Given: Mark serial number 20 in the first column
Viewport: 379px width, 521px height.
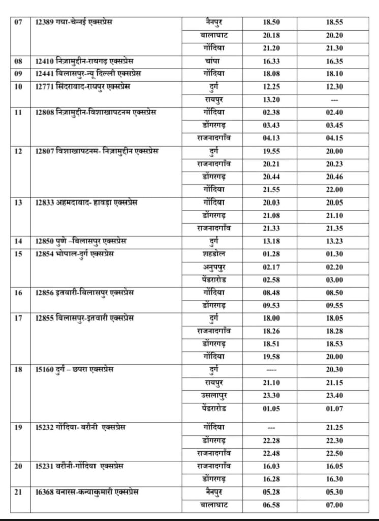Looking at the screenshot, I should click(19, 466).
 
